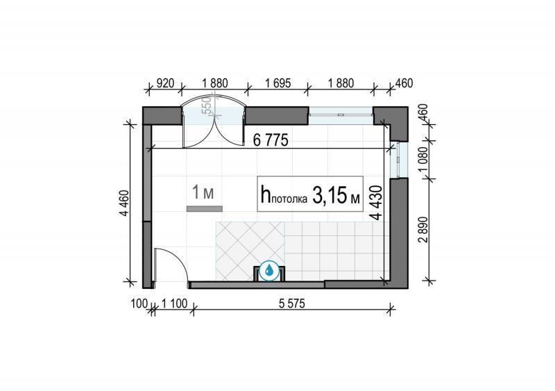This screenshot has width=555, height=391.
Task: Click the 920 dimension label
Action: [165, 83]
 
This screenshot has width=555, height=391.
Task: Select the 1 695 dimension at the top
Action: [278, 83]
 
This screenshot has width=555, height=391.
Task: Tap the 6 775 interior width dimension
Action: [271, 140]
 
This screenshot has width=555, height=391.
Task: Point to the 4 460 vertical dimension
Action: [125, 203]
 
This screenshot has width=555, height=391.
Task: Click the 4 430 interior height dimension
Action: [377, 202]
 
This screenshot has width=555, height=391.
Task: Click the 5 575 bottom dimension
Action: [291, 303]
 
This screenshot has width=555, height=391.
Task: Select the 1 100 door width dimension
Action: [174, 303]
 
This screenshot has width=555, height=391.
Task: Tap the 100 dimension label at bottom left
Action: [139, 303]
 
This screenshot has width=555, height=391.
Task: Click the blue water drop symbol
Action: [269, 271]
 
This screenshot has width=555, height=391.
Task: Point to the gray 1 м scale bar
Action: [205, 209]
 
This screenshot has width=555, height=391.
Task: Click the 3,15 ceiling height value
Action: [329, 195]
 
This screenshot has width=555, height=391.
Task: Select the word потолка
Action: [289, 199]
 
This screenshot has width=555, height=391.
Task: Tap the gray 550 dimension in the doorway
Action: [206, 105]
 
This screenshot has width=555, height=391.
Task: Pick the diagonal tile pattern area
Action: [250, 251]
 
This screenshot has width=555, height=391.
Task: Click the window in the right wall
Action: [399, 159]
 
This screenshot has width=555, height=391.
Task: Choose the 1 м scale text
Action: [203, 192]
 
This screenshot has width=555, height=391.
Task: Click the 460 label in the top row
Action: [404, 83]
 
